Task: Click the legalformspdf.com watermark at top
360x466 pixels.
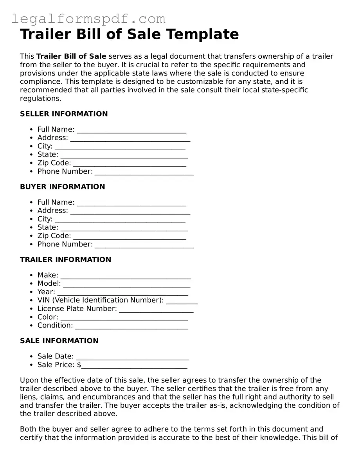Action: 88,19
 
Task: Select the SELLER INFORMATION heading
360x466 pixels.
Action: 64,114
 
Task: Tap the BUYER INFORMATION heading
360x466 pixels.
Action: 63,187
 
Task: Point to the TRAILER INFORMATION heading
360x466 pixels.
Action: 66,259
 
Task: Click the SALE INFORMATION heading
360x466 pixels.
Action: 59,340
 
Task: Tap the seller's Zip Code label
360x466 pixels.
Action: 54,163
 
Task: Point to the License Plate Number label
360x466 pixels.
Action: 77,309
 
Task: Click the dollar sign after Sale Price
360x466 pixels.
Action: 79,365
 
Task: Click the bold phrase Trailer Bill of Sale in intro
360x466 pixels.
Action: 71,56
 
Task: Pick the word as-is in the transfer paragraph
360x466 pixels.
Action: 217,405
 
